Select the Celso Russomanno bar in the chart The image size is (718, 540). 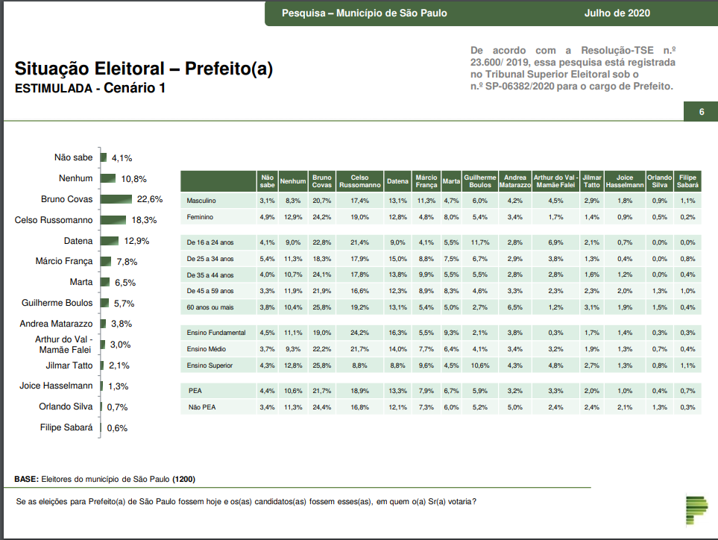click(x=113, y=220)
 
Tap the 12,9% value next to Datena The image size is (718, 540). click(x=137, y=241)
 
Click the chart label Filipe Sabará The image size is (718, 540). click(x=66, y=427)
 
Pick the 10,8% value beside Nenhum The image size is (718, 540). click(x=134, y=179)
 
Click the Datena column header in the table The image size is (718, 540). click(x=397, y=181)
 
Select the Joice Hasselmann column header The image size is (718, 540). click(x=624, y=181)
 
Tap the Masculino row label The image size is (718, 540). click(x=201, y=201)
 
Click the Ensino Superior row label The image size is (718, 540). click(x=210, y=365)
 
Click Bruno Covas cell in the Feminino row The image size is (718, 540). click(x=322, y=217)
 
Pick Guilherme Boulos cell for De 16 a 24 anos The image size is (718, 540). click(x=480, y=242)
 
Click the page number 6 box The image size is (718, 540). click(x=701, y=112)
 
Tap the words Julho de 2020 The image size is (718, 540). click(x=617, y=13)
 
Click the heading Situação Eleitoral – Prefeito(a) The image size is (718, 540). click(x=144, y=69)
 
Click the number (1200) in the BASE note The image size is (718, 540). click(x=183, y=478)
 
